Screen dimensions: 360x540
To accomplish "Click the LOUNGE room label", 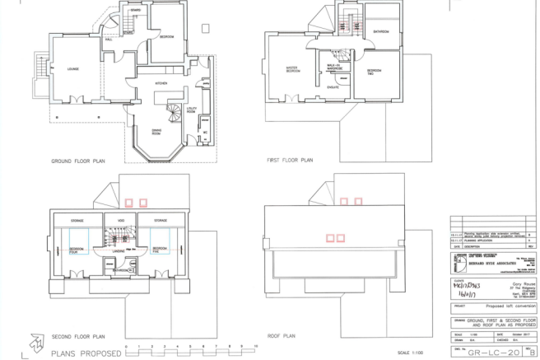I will click(x=61, y=69).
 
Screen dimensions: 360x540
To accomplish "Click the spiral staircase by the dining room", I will click(x=170, y=110).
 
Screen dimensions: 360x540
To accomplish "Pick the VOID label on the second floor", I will click(x=119, y=220).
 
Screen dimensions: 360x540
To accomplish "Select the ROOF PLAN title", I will click(x=281, y=336).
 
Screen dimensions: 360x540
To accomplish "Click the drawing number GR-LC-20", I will click(x=489, y=352).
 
